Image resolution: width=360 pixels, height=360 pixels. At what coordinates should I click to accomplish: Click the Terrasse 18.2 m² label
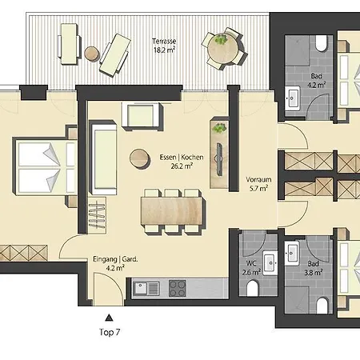(164, 46)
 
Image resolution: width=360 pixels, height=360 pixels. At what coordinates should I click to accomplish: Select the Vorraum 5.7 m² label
(258, 184)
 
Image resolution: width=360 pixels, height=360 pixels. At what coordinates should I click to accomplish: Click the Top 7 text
(110, 332)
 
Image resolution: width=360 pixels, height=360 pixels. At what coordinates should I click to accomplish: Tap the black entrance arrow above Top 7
(109, 318)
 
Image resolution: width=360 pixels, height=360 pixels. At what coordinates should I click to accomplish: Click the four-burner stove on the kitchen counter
(178, 288)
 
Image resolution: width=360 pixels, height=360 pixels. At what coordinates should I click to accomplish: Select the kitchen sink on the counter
(146, 289)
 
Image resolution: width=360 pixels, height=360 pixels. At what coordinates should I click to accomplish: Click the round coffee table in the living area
(139, 158)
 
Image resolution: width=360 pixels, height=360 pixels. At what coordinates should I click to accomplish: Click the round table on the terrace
(222, 49)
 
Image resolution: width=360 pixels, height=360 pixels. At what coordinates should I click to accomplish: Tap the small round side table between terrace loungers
(92, 53)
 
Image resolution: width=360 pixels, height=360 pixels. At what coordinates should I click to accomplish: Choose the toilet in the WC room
(253, 289)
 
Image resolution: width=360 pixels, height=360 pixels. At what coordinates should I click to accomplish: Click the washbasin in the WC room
(270, 263)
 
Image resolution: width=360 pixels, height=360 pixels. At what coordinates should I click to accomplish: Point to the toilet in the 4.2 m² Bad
(321, 43)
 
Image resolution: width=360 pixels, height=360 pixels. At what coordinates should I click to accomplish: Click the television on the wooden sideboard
(219, 159)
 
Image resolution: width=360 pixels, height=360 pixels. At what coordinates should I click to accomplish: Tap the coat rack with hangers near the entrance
(97, 216)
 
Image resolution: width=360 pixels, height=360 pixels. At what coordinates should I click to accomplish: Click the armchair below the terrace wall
(142, 115)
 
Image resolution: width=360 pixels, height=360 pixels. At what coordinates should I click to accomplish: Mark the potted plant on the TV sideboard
(219, 128)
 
